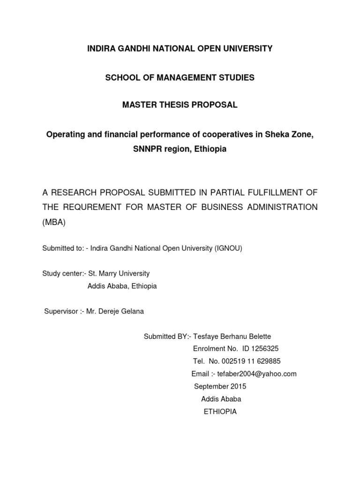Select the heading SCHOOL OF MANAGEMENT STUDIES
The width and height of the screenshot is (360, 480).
coord(180,77)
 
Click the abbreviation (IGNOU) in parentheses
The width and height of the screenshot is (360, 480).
coord(228,248)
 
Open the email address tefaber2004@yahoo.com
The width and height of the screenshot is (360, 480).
coord(257,374)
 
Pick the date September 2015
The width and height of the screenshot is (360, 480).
coord(220,386)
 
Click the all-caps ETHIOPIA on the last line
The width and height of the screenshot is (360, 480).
coord(220,412)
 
